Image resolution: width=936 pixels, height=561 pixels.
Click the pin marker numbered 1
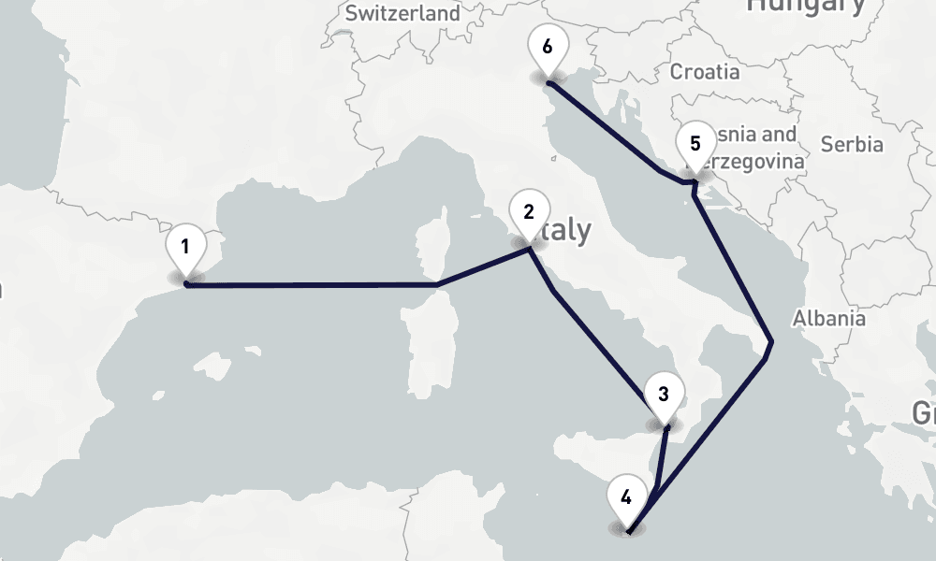185,248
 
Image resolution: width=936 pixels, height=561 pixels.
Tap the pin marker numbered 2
529,212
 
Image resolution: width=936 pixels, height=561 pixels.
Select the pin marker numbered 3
663,394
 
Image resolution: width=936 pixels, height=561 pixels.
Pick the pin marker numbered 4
626,496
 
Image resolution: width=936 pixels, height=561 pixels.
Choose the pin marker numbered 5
695,144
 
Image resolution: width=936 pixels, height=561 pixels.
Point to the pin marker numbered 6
548,47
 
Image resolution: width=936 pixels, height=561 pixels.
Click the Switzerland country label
402,13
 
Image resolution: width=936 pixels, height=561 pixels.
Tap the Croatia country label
705,72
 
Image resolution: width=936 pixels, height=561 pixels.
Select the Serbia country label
852,144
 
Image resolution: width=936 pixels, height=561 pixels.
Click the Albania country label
828,318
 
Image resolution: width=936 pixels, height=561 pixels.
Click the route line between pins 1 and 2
309,284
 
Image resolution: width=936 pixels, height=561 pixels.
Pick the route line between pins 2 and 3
599,346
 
